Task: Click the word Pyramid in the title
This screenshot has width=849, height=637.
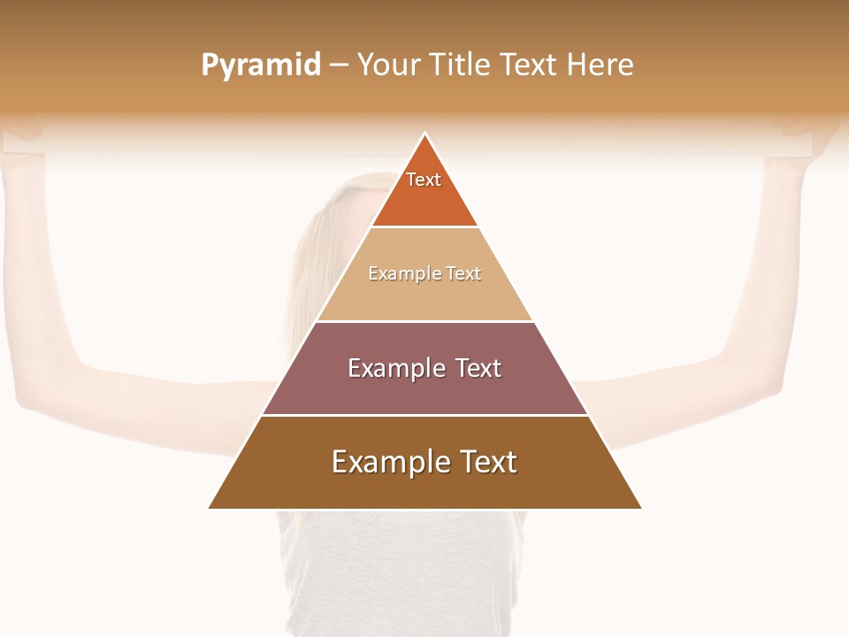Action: point(260,65)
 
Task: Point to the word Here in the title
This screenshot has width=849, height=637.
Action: point(600,65)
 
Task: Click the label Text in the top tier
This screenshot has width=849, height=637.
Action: point(424,180)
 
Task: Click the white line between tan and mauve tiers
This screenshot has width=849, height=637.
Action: point(424,321)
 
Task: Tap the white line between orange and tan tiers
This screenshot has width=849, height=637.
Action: point(424,226)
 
